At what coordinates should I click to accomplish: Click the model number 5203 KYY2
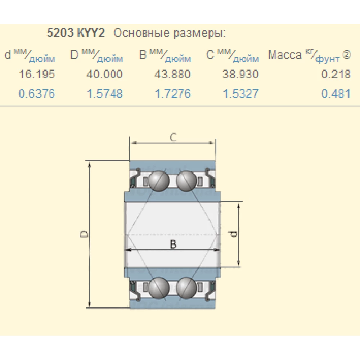76,33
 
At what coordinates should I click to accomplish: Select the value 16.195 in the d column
37,75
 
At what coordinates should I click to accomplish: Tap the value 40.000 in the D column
105,75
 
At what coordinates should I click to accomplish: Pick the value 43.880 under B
173,75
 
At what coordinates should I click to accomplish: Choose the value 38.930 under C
240,75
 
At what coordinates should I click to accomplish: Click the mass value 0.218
336,75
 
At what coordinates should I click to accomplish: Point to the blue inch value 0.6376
37,94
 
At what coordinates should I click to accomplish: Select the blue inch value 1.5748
105,94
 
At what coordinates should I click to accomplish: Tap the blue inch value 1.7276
173,94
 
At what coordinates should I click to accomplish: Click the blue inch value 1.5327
240,94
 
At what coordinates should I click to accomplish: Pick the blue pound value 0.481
336,94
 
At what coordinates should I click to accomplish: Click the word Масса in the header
284,55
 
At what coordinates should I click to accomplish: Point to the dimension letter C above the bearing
173,137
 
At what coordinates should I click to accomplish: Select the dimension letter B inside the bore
173,244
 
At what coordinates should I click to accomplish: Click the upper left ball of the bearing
159,181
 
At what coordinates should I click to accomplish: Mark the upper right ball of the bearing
186,181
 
